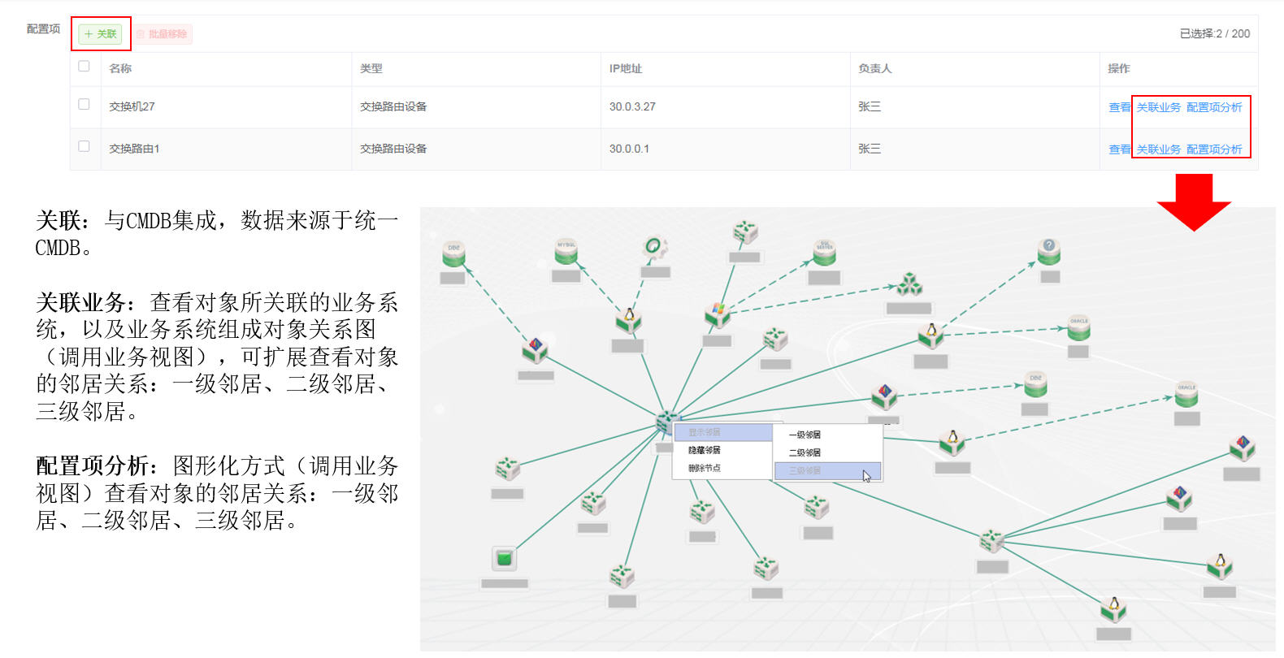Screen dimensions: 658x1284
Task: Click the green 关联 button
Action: click(x=100, y=34)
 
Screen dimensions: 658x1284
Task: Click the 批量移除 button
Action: click(x=163, y=34)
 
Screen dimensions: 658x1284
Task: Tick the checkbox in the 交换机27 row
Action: click(x=84, y=105)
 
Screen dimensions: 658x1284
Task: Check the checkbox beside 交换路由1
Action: click(x=84, y=147)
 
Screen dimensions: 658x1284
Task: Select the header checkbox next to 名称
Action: click(x=84, y=67)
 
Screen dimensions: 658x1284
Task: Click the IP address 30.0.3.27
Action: click(x=632, y=106)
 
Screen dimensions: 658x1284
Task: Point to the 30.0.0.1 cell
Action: click(x=629, y=149)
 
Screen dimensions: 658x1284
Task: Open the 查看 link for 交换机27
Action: click(x=1119, y=107)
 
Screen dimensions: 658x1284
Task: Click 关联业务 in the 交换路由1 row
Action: click(x=1158, y=149)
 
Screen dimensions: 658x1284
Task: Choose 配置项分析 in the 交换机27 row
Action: click(x=1214, y=107)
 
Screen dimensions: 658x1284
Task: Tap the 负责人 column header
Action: click(x=874, y=68)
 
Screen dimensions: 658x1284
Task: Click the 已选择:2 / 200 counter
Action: click(x=1214, y=33)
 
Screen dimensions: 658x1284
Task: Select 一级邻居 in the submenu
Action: click(x=805, y=435)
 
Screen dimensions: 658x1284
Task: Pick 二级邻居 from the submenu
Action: click(x=805, y=453)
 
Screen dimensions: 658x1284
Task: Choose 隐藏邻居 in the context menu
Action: click(x=705, y=450)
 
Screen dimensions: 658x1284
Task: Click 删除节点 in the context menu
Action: click(x=705, y=468)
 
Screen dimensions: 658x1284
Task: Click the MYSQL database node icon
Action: click(x=566, y=251)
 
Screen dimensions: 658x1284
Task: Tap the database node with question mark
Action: click(x=1048, y=251)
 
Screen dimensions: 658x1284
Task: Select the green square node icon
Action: click(x=505, y=558)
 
